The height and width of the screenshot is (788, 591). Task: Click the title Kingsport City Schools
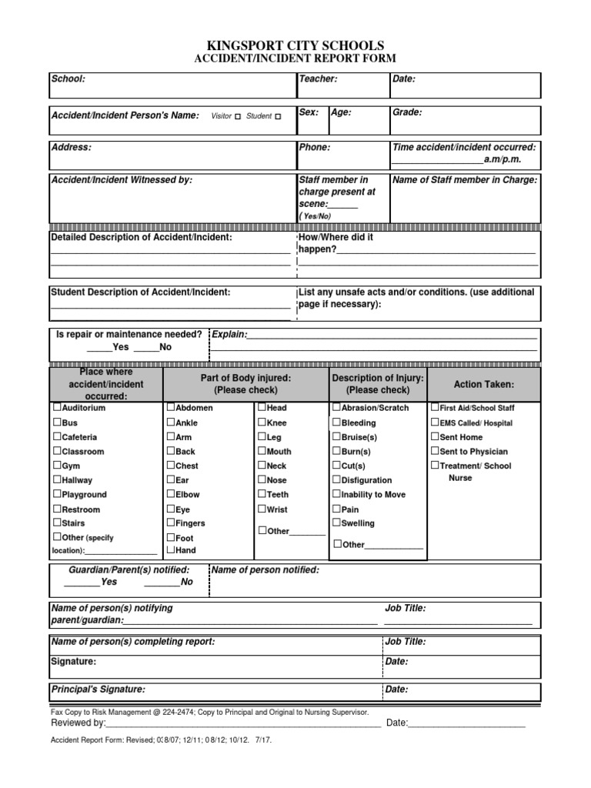[295, 46]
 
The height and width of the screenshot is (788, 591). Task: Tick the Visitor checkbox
[238, 116]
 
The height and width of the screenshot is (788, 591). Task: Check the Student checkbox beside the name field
[278, 116]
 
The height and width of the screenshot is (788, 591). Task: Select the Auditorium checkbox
[57, 408]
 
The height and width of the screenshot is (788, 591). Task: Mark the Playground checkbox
[57, 495]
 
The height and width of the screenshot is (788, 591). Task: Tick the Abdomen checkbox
[171, 408]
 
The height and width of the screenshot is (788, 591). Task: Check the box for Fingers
[171, 523]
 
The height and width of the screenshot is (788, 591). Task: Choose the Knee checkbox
[262, 422]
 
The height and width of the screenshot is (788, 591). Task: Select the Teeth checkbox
[262, 495]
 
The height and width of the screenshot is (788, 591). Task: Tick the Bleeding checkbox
[336, 422]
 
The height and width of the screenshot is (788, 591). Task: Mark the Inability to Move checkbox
[336, 495]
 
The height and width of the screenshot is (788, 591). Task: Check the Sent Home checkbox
[435, 437]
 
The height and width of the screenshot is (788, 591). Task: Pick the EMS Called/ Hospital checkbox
[435, 422]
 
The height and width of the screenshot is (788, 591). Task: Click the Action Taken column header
[483, 384]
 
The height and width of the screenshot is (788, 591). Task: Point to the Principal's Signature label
[98, 689]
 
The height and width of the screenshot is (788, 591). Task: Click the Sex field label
[309, 112]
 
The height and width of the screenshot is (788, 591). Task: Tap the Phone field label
[314, 147]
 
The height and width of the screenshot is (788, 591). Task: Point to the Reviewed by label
[78, 723]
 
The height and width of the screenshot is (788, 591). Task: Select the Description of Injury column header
[378, 384]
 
